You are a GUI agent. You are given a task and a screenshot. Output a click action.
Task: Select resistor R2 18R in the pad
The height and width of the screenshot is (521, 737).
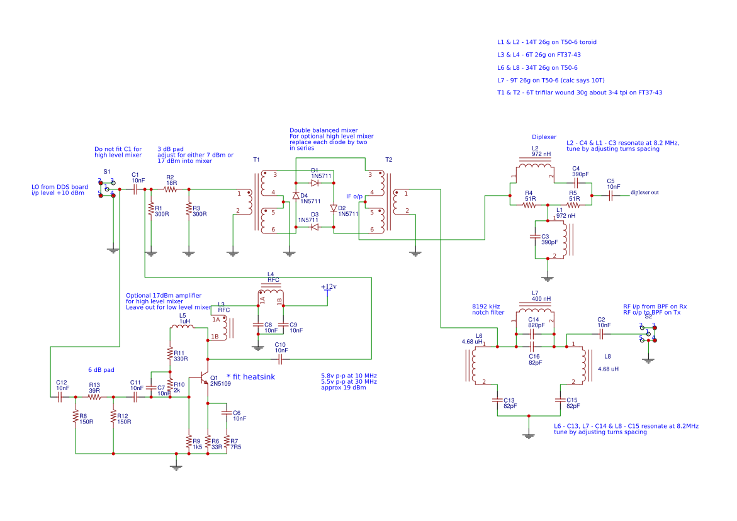[171, 189]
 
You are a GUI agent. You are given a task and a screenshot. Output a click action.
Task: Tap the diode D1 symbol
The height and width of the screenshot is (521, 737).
[315, 182]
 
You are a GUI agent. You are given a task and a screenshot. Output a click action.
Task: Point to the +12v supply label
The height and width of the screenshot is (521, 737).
[329, 287]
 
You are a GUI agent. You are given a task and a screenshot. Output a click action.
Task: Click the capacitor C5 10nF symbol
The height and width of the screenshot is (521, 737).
[610, 196]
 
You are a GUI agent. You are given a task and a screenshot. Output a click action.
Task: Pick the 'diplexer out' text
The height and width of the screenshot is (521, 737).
[644, 193]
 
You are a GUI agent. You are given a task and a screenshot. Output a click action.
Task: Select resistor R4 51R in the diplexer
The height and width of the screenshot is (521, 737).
[529, 204]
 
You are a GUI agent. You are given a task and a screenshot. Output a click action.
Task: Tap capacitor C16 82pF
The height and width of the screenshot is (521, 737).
[533, 346]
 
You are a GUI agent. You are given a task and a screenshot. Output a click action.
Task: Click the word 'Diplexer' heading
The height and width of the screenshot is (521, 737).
[544, 137]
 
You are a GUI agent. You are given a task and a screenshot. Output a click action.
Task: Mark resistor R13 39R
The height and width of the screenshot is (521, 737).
[94, 397]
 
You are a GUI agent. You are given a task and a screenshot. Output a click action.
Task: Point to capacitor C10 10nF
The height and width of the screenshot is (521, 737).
[281, 359]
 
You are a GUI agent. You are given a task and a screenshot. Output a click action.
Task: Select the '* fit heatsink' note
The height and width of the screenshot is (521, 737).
[250, 376]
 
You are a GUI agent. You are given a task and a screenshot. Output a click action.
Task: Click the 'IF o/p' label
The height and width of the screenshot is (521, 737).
[354, 196]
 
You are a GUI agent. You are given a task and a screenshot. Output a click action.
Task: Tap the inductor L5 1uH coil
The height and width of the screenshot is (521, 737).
[183, 327]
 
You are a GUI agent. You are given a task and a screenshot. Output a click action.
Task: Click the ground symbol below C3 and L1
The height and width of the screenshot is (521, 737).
[548, 277]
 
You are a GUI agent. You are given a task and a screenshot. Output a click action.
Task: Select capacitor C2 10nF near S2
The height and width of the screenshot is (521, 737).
[601, 333]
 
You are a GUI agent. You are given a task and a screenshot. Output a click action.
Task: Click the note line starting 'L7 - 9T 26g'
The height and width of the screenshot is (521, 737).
[551, 80]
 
